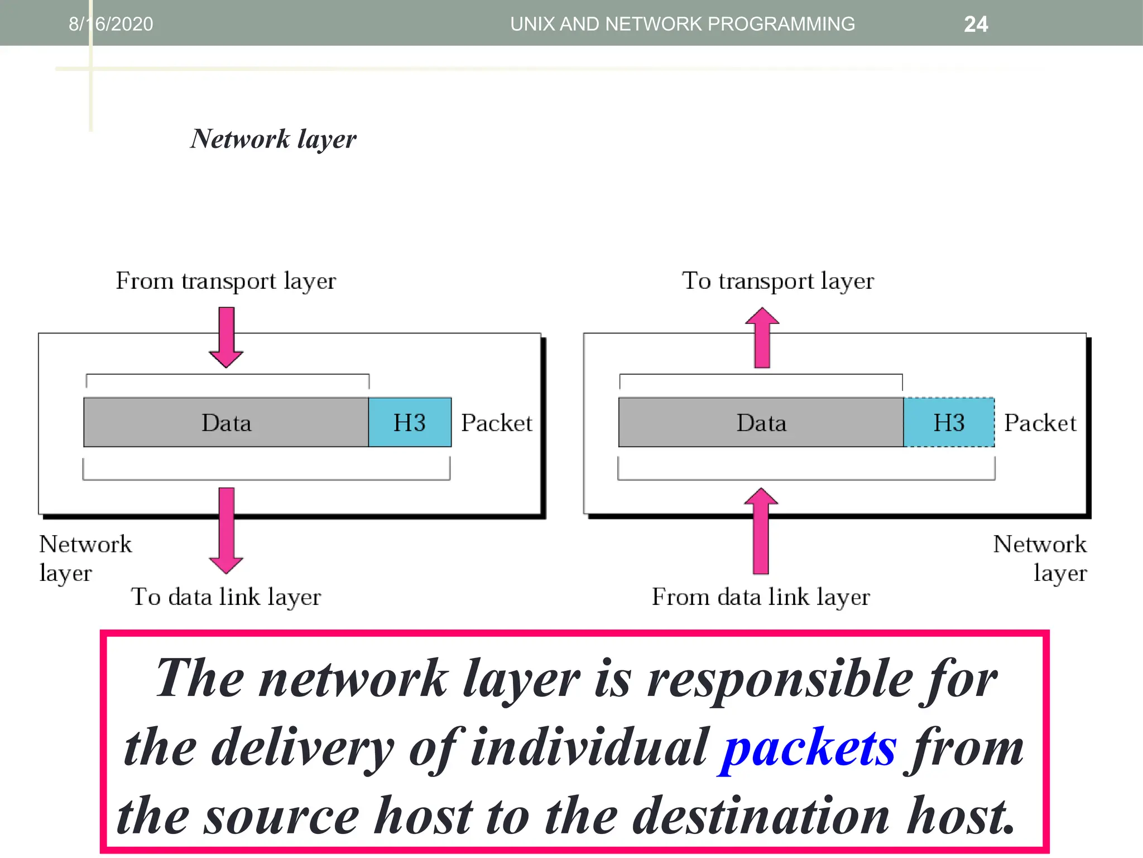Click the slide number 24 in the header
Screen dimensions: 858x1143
[x=976, y=24]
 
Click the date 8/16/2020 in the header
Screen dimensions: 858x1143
[x=111, y=24]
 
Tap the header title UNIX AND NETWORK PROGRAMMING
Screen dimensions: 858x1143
[x=682, y=24]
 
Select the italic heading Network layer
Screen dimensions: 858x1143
[x=273, y=139]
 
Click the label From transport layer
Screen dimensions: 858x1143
[x=225, y=281]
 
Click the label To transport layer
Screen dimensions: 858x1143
[x=777, y=281]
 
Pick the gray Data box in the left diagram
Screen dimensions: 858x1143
[x=226, y=422]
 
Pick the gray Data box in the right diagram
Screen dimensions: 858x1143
[x=761, y=422]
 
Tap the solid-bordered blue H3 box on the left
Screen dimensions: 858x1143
[x=410, y=422]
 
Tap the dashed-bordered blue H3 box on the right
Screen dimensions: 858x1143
[x=949, y=422]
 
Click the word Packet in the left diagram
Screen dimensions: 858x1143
[x=497, y=423]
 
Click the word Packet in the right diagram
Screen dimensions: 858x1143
[x=1040, y=423]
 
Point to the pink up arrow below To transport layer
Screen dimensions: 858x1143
[x=762, y=337]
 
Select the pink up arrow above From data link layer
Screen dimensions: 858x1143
[x=761, y=531]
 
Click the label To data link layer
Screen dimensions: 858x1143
[x=226, y=597]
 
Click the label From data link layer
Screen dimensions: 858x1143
[x=761, y=597]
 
